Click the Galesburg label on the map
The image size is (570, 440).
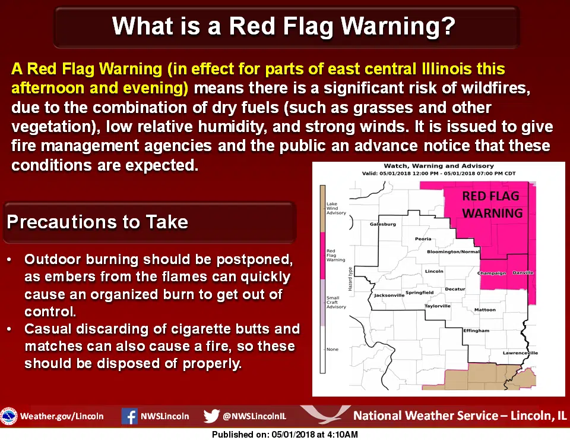point(383,224)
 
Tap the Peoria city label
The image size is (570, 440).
point(423,239)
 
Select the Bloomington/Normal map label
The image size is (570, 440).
point(453,252)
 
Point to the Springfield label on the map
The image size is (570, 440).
point(420,292)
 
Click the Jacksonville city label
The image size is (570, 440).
point(389,295)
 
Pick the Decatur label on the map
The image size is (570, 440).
point(455,289)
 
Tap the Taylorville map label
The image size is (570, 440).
point(438,306)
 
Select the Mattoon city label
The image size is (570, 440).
point(485,310)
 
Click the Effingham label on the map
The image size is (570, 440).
point(476,331)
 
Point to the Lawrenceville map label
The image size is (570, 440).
point(520,353)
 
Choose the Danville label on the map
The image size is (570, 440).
point(522,272)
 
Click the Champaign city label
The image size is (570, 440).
point(492,273)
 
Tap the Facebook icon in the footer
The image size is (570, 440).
point(129,416)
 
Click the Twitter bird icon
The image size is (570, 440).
point(211,416)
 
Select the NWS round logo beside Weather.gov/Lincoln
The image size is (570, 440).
point(9,416)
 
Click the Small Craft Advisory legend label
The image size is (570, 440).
point(336,302)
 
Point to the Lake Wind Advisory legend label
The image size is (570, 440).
point(336,208)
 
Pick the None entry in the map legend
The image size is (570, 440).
point(332,349)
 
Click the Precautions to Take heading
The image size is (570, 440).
point(97,222)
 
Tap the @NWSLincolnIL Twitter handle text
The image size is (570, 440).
point(254,416)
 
